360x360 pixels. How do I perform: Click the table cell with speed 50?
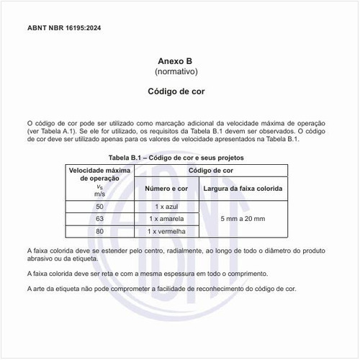[x=99, y=207]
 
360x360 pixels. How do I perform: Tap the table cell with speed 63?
[x=99, y=219]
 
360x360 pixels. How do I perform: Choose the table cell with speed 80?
[x=99, y=231]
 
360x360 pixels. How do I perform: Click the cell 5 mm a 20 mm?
[x=243, y=219]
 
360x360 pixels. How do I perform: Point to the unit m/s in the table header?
[x=99, y=194]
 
